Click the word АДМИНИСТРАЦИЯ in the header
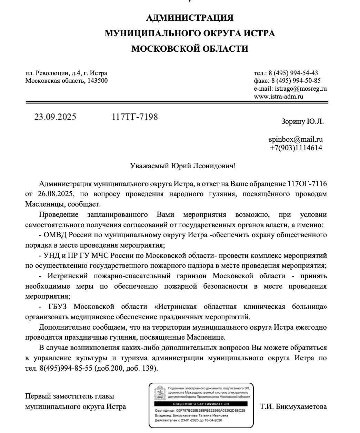[190, 18]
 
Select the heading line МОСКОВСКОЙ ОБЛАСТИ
[190, 49]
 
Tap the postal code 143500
[97, 81]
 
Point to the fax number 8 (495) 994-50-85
[296, 81]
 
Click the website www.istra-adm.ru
[279, 97]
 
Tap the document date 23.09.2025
[55, 117]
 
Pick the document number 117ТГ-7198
[135, 117]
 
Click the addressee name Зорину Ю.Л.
[302, 122]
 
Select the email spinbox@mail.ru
[296, 140]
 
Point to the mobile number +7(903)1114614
[296, 148]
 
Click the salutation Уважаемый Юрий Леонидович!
[183, 166]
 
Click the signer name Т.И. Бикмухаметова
[293, 406]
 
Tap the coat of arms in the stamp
[160, 393]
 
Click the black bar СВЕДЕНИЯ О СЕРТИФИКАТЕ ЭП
[201, 404]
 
